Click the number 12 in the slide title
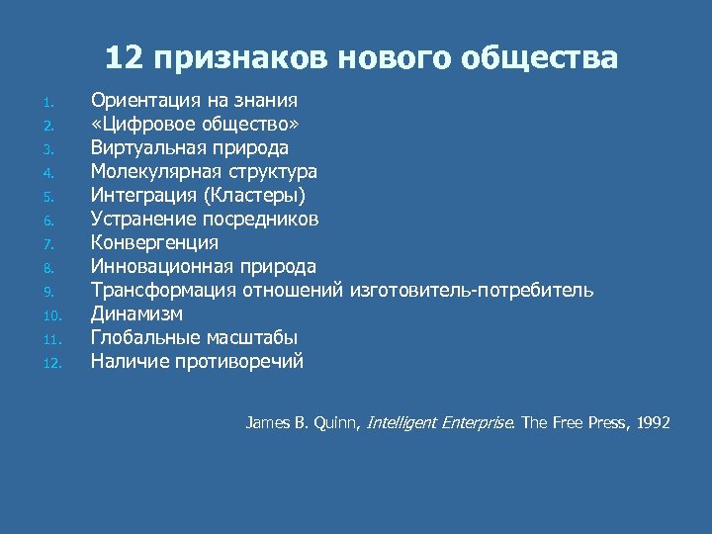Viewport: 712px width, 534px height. pos(124,58)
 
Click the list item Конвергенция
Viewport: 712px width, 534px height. pos(155,242)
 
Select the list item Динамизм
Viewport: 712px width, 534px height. pos(136,313)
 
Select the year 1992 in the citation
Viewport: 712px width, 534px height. pos(654,422)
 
